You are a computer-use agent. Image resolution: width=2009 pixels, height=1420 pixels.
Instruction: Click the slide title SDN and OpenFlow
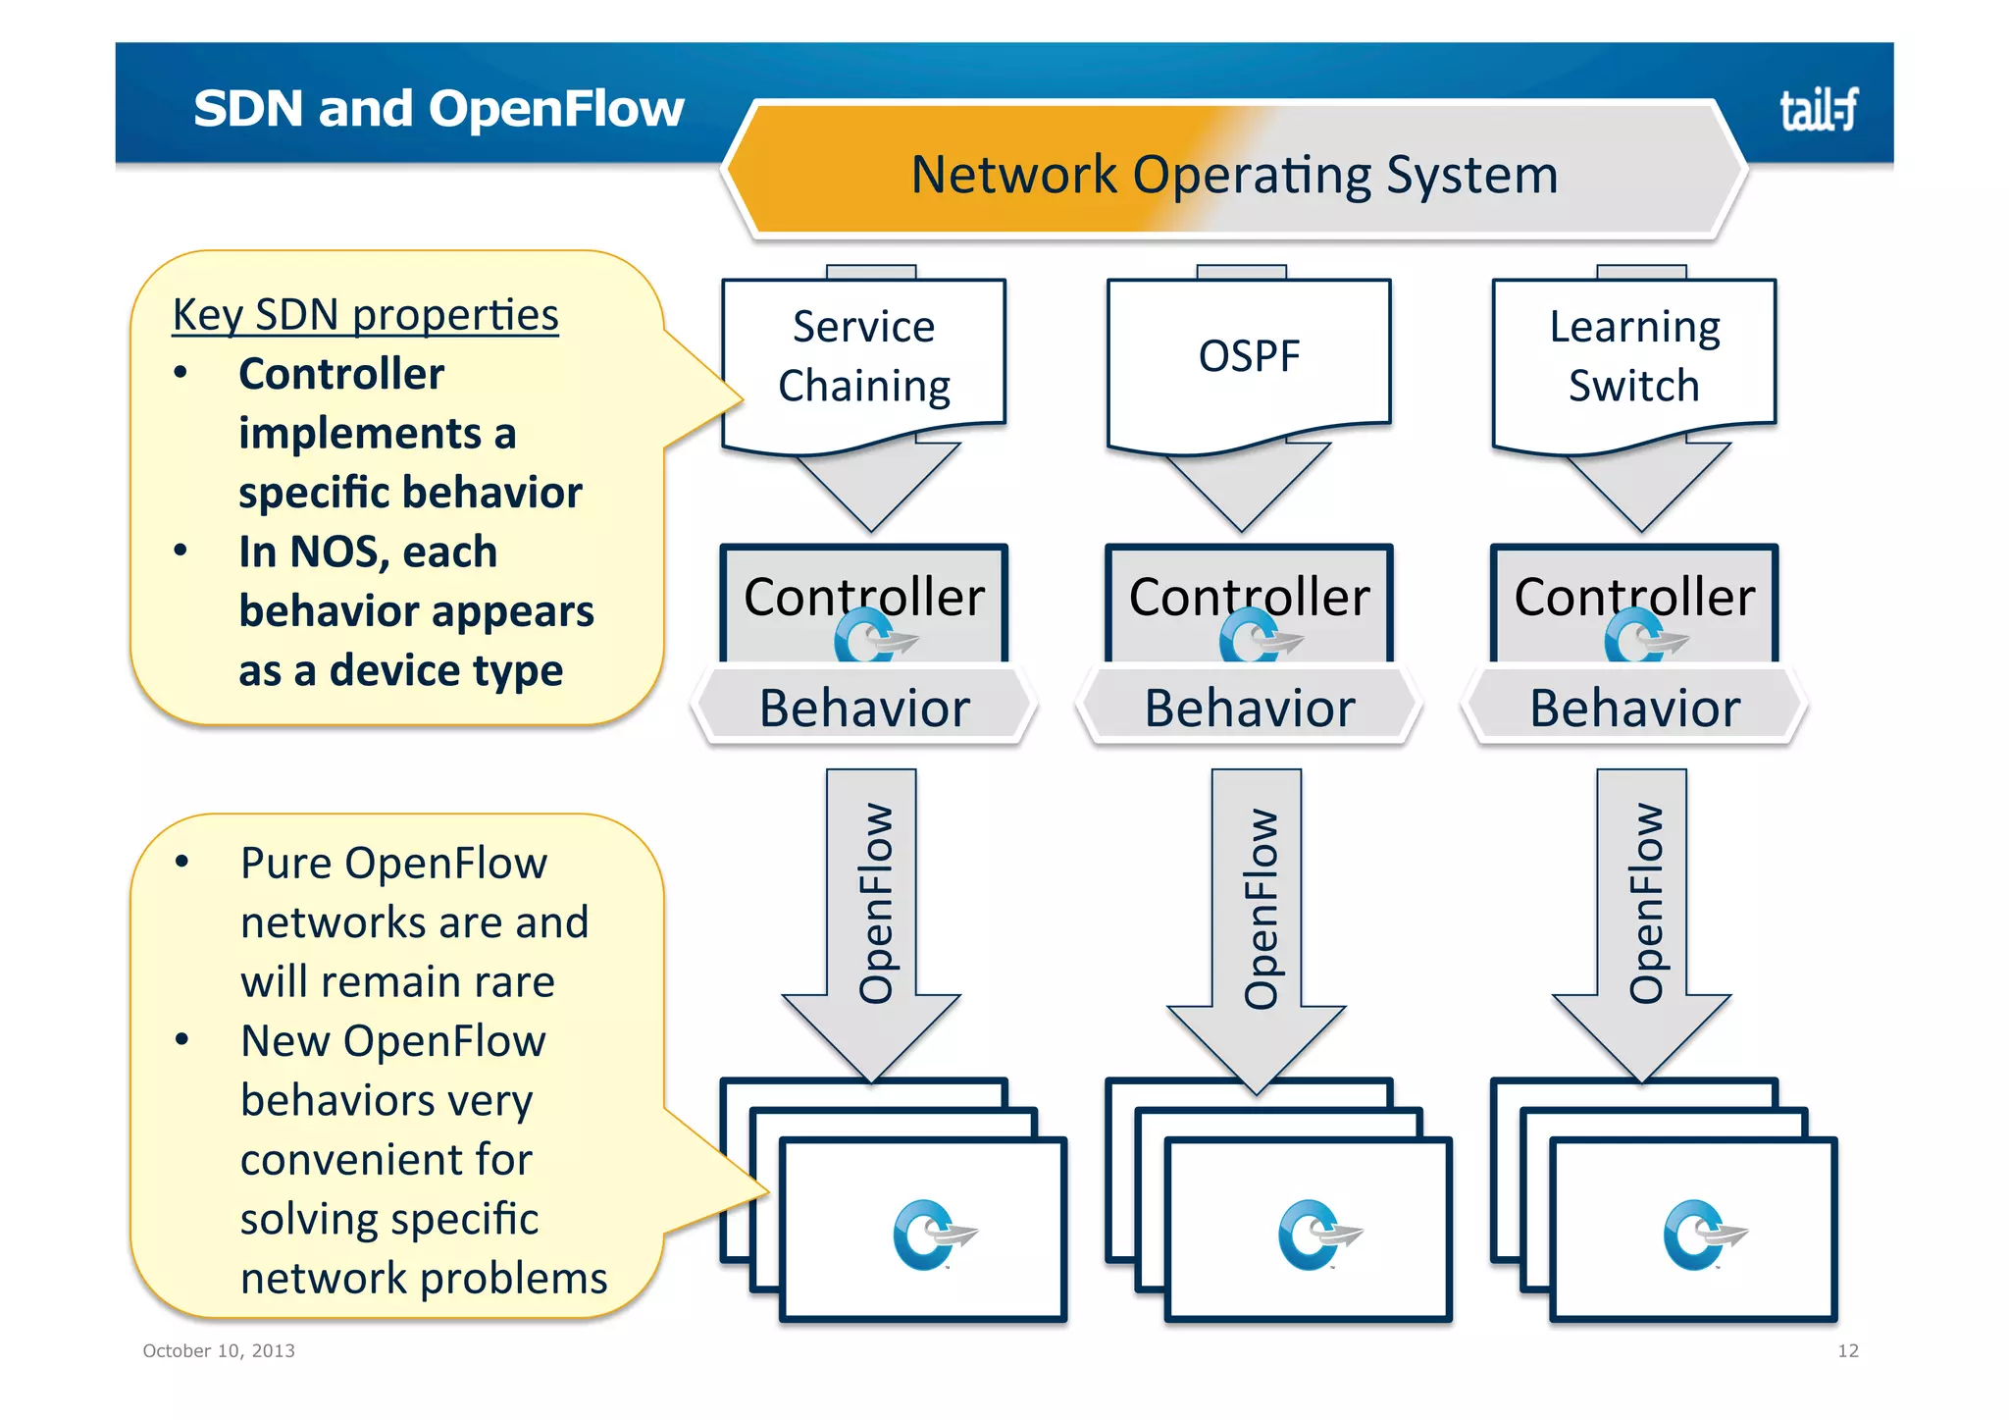click(438, 108)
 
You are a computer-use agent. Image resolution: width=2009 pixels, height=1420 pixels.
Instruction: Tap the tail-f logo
click(1818, 110)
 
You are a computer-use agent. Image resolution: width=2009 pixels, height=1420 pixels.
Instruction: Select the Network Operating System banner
click(1234, 175)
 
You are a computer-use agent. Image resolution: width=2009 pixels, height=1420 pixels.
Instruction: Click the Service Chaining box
click(863, 356)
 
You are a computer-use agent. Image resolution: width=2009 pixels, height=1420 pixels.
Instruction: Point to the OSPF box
click(1248, 356)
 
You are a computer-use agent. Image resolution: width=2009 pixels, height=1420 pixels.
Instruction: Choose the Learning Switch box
click(1633, 356)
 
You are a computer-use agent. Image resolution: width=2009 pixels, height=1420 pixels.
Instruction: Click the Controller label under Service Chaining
click(863, 597)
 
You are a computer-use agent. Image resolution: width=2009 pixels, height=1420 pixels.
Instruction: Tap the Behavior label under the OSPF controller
click(1249, 708)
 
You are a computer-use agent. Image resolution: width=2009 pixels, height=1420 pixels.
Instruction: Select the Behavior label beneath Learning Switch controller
click(1634, 708)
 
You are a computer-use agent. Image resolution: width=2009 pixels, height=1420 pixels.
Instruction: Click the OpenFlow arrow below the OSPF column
click(1259, 909)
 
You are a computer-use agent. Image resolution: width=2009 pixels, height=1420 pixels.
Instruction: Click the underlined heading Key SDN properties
click(365, 315)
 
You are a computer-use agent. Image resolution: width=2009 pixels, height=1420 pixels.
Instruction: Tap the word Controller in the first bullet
click(340, 374)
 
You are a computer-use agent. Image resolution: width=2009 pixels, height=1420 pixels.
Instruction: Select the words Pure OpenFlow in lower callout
click(393, 864)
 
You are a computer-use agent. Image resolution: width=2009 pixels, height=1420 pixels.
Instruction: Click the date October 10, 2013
click(219, 1350)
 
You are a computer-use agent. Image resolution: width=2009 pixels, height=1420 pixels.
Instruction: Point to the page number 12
click(1847, 1350)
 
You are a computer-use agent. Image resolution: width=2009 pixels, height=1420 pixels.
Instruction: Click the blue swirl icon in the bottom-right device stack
click(1702, 1235)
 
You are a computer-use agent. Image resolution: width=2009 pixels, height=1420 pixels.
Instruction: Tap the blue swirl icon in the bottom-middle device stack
click(1316, 1235)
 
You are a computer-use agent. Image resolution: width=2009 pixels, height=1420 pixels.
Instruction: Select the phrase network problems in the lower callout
click(424, 1279)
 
